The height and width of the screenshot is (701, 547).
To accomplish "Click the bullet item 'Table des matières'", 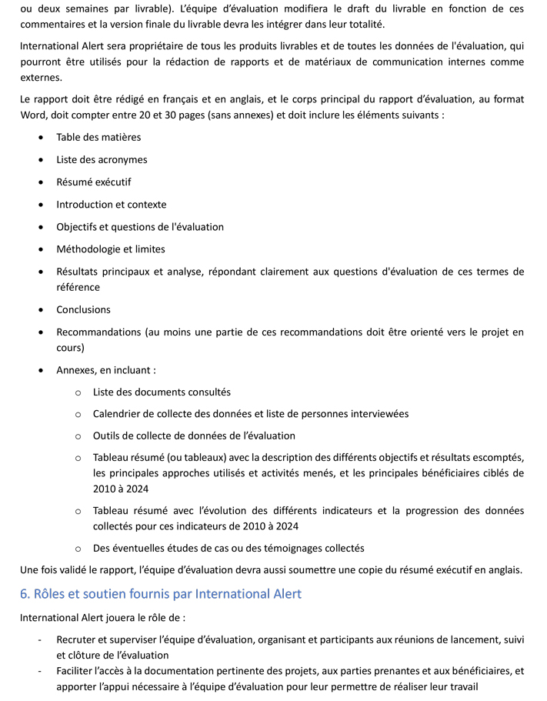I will [98, 137].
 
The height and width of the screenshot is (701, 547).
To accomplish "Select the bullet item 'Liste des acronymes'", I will [102, 160].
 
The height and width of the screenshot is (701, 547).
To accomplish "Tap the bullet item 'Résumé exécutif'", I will [94, 182].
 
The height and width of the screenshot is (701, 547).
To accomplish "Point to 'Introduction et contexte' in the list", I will [111, 205].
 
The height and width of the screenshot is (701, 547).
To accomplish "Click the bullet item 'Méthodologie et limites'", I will [110, 249].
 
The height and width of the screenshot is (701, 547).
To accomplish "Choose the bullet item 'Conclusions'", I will [83, 309].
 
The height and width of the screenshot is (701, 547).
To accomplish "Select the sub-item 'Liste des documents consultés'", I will [162, 392].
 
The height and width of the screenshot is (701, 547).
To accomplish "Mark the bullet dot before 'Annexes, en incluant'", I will [40, 370].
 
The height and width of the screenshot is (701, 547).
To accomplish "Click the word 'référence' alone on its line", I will [78, 287].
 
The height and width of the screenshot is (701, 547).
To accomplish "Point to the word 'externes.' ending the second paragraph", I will [40, 78].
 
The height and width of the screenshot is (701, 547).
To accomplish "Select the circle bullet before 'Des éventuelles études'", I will [78, 549].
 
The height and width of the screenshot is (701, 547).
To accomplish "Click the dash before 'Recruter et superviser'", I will [39, 639].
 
